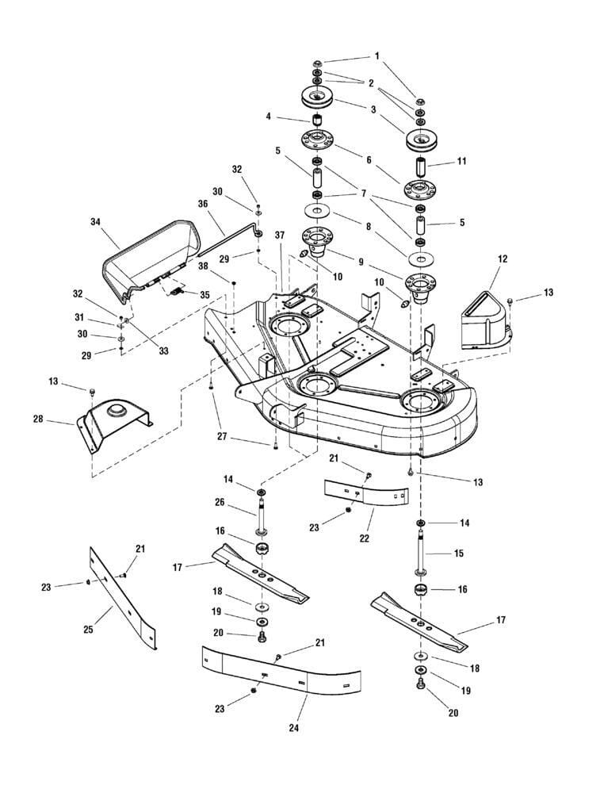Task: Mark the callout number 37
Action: pos(279,236)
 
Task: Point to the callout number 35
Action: pos(205,294)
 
